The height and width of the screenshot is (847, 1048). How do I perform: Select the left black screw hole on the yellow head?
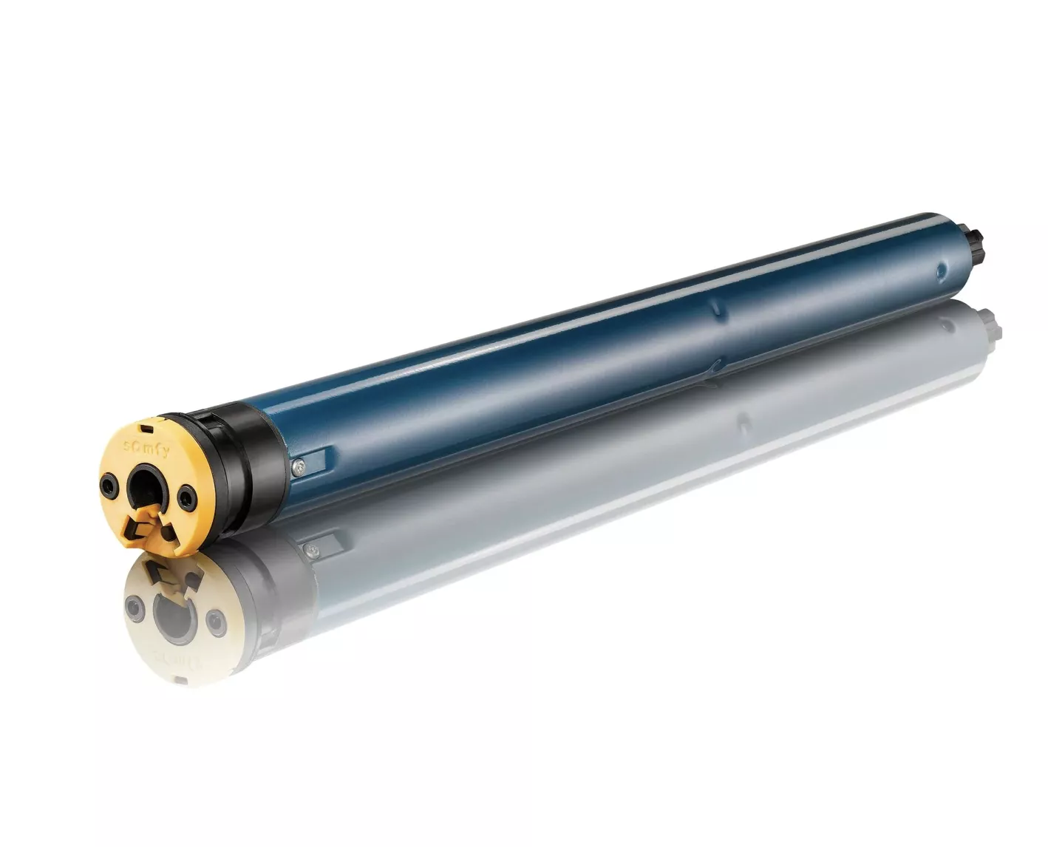[x=108, y=485]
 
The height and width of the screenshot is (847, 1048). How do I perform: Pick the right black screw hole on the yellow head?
[x=186, y=498]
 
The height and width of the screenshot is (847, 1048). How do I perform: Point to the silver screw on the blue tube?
[x=299, y=466]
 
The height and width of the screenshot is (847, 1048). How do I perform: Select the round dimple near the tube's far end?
[x=942, y=270]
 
